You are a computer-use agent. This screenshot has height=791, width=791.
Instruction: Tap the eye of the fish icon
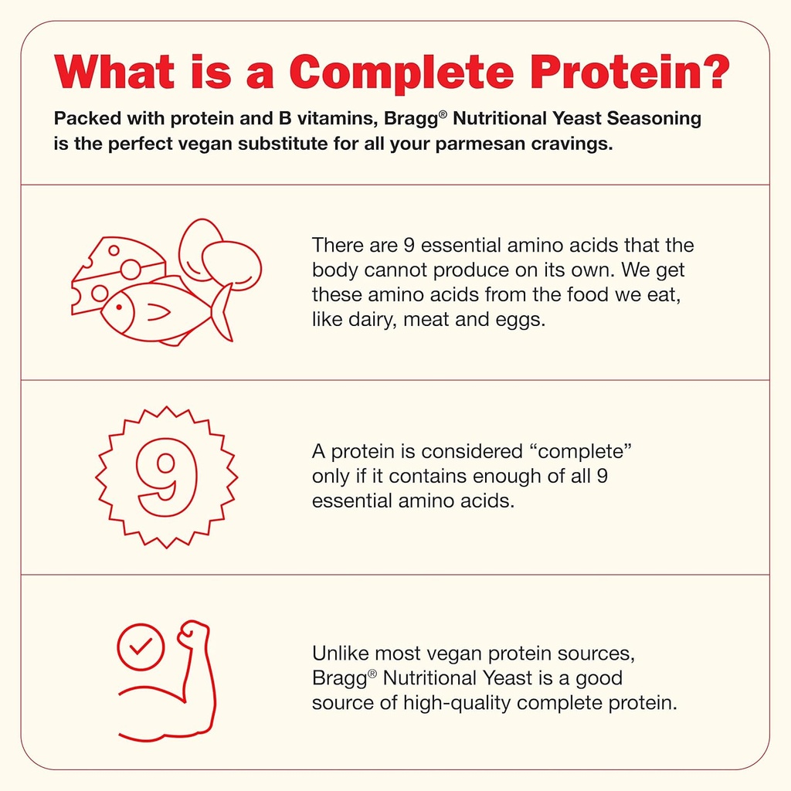(119, 306)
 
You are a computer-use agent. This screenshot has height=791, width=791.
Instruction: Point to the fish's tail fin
(222, 311)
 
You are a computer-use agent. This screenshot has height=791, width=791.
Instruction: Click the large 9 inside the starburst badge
(167, 477)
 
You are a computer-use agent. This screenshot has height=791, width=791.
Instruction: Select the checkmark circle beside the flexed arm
(141, 647)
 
